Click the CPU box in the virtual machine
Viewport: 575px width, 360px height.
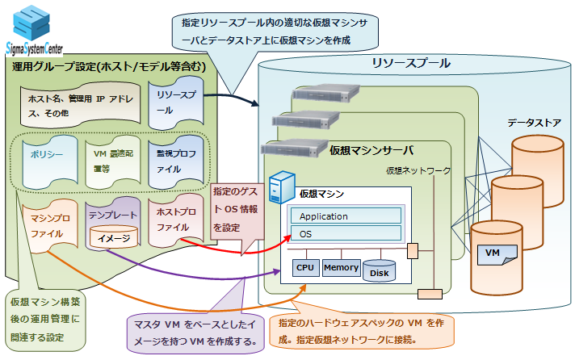(304, 267)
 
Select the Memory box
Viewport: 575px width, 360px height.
(341, 267)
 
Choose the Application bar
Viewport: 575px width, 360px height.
(346, 216)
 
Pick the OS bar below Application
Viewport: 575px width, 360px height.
(346, 233)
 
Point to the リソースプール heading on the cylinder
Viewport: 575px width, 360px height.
(410, 64)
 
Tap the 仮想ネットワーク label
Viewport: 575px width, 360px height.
(418, 170)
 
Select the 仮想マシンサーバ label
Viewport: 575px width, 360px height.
(371, 150)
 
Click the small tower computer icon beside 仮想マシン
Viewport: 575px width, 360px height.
(279, 187)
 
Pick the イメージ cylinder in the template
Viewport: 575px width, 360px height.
(113, 238)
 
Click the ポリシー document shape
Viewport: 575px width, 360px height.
(43, 156)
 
